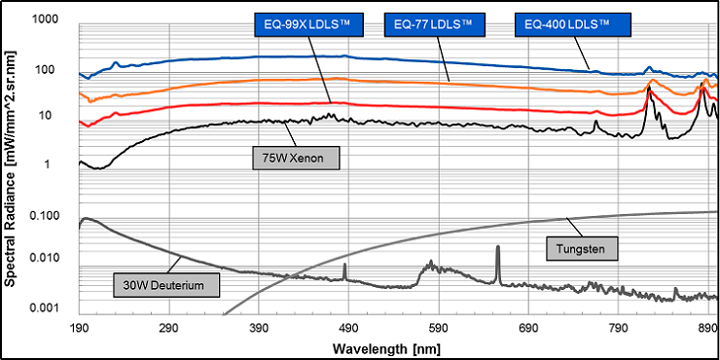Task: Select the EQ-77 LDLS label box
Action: point(433,22)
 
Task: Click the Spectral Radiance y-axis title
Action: point(12,166)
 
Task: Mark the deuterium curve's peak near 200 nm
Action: point(86,219)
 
